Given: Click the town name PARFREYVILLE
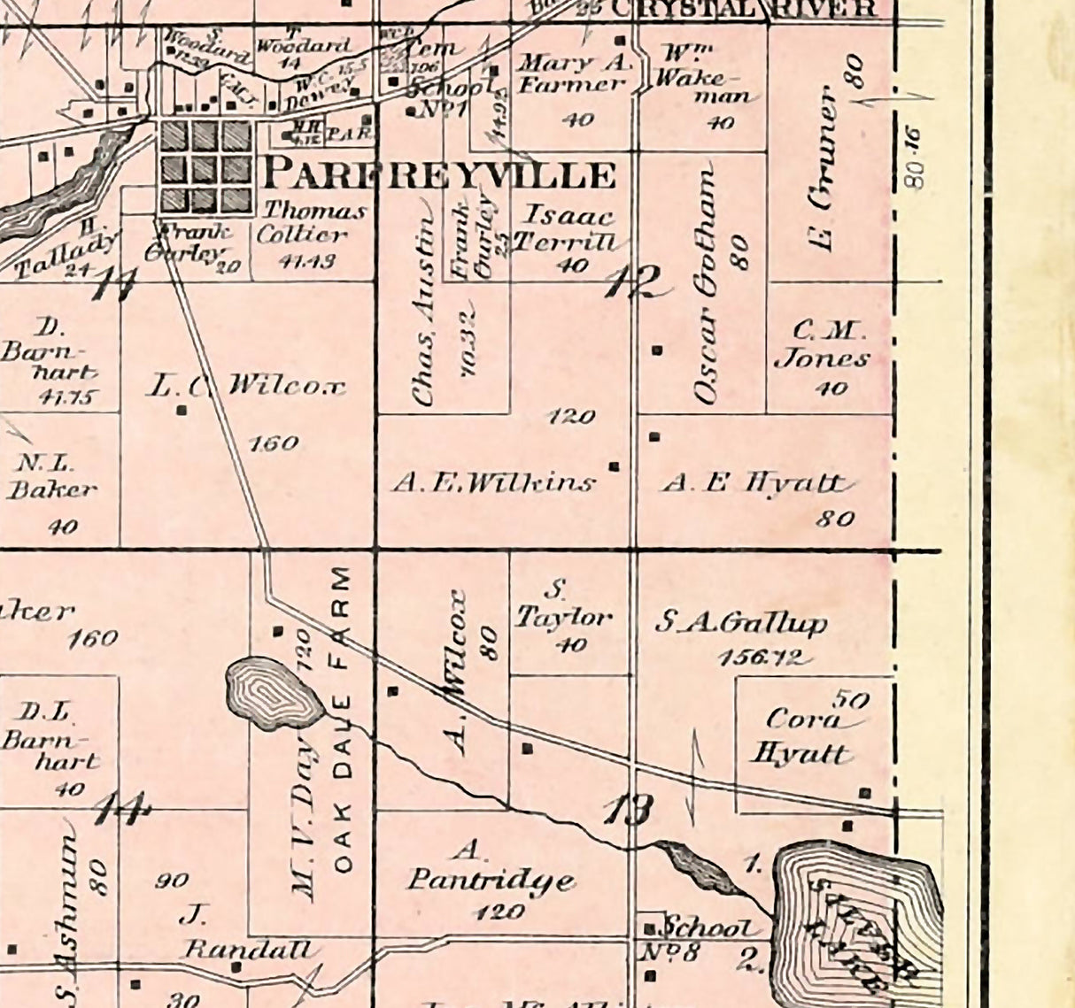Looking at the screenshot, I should click(439, 174).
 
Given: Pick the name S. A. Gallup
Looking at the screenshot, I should click(740, 623).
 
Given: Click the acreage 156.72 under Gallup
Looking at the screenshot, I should click(762, 658).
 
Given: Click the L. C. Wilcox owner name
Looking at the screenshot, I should click(245, 386).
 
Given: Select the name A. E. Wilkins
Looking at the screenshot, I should click(493, 482).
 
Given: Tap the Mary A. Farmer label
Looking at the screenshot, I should click(571, 74).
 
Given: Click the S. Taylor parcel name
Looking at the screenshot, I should click(562, 606).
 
